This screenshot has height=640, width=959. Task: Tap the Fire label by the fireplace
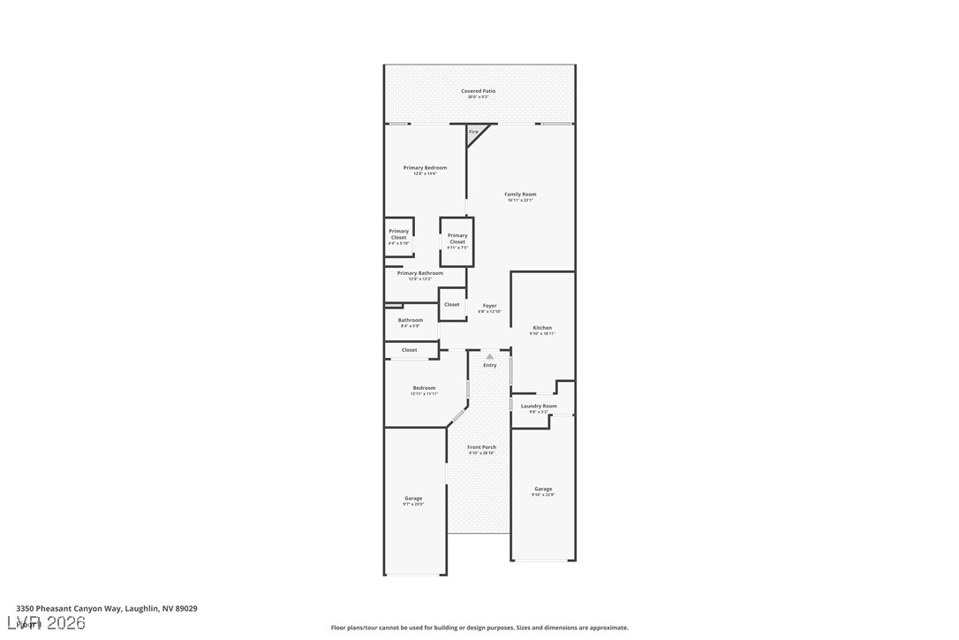coord(473,132)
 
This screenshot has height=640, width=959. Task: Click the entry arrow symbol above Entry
coord(490,356)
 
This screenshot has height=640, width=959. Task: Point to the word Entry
coord(490,365)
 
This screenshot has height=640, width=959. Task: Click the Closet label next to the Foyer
coord(452,304)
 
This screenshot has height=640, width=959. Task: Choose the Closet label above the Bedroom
coord(410,350)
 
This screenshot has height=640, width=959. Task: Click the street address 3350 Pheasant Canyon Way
coord(107,609)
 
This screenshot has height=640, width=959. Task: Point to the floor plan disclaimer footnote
coord(479,628)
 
